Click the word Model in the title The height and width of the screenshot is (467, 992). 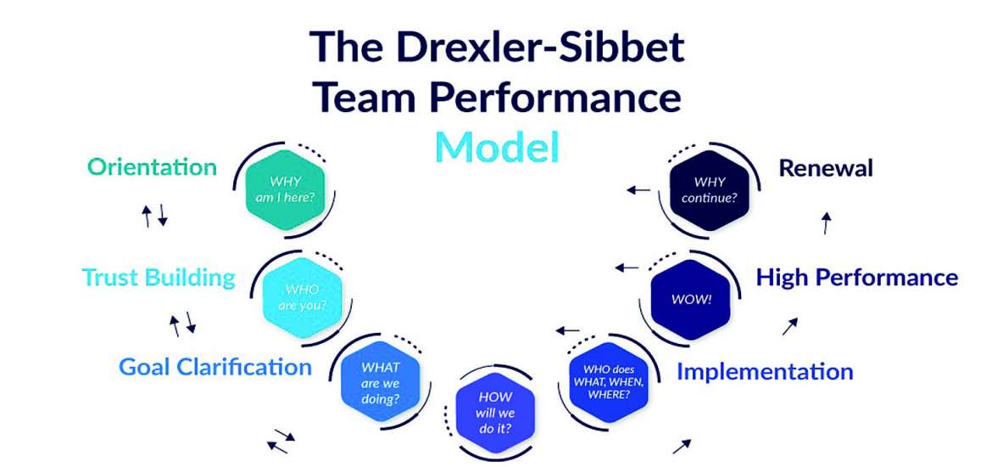click(x=498, y=146)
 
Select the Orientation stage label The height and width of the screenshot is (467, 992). click(x=152, y=166)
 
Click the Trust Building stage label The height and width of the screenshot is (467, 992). click(x=159, y=277)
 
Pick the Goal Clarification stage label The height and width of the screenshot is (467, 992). click(x=215, y=367)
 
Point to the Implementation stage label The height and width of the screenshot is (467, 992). click(x=764, y=371)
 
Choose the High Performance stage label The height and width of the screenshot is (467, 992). click(x=857, y=277)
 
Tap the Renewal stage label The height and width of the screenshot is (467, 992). click(x=826, y=168)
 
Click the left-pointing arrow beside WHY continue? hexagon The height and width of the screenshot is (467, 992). click(x=638, y=189)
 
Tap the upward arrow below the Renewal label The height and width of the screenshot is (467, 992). click(x=827, y=223)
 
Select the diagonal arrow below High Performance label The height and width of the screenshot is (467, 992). click(x=789, y=326)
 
